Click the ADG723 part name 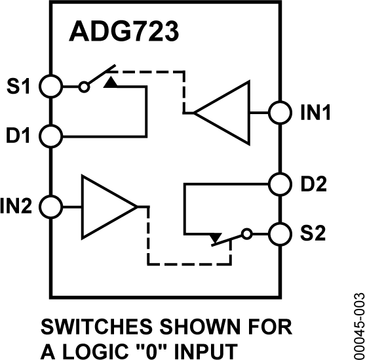tap(119, 33)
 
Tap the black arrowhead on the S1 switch tap(112, 82)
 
